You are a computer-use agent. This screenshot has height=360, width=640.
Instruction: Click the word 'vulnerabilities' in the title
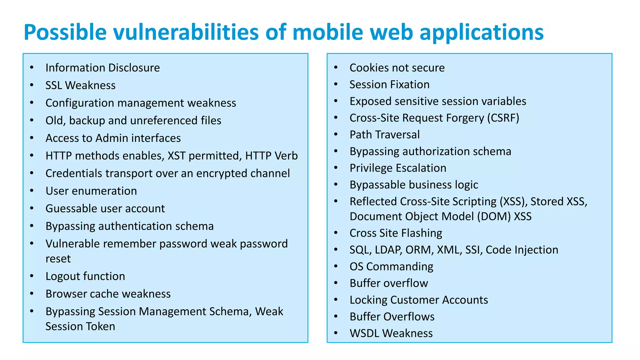[x=186, y=32]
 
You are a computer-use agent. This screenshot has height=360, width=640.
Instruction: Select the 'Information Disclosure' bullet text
[x=102, y=68]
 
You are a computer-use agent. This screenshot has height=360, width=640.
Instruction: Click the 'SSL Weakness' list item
[x=80, y=85]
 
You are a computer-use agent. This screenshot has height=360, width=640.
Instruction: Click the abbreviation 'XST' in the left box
[x=177, y=156]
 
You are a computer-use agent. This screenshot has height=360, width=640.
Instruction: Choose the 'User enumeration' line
[x=91, y=191]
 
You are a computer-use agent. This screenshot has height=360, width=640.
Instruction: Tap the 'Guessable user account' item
[x=105, y=208]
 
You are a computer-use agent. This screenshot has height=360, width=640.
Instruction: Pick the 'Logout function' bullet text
[x=85, y=276]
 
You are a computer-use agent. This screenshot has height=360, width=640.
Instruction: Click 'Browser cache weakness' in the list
[x=108, y=294]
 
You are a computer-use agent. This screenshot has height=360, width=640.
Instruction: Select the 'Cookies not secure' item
[x=397, y=68]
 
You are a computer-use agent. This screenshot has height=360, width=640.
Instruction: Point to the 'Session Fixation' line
[x=389, y=84]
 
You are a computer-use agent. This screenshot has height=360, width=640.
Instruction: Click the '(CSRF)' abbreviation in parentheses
[x=503, y=118]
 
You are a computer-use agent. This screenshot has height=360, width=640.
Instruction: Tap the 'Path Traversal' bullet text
[x=384, y=135]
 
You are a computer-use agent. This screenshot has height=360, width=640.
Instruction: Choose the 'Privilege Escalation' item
[x=398, y=168]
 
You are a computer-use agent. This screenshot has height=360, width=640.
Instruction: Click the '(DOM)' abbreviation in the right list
[x=494, y=216]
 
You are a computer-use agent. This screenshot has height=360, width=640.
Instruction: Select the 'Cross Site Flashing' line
[x=396, y=233]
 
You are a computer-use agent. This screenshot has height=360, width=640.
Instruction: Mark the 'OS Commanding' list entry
[x=391, y=267]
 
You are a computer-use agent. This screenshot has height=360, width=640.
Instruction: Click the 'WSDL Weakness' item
[x=391, y=333]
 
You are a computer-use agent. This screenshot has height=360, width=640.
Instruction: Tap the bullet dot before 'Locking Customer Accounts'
[x=336, y=299]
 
